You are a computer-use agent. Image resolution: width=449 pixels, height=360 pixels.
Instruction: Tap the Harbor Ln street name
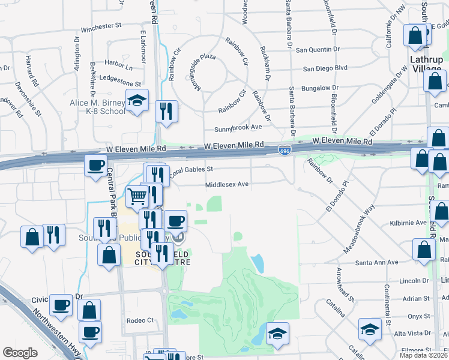click(118, 62)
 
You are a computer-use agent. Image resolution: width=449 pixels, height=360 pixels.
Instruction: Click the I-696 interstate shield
click(285, 149)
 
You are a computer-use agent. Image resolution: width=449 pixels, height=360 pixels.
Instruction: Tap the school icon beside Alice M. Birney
click(137, 100)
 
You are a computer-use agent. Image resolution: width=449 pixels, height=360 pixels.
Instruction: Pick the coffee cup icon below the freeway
click(95, 165)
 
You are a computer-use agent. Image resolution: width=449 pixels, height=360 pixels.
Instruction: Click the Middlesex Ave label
click(227, 185)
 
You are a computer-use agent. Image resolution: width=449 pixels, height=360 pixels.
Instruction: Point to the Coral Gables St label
click(191, 171)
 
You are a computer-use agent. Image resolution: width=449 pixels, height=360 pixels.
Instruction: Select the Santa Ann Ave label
click(377, 263)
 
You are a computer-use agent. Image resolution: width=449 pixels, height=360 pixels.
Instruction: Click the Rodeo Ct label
click(140, 320)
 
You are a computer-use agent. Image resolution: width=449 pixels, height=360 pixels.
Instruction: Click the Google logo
click(20, 353)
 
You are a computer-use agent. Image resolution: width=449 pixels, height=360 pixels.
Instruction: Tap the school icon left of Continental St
click(370, 329)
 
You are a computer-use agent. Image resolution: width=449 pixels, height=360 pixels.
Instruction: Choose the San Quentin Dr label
click(318, 49)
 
